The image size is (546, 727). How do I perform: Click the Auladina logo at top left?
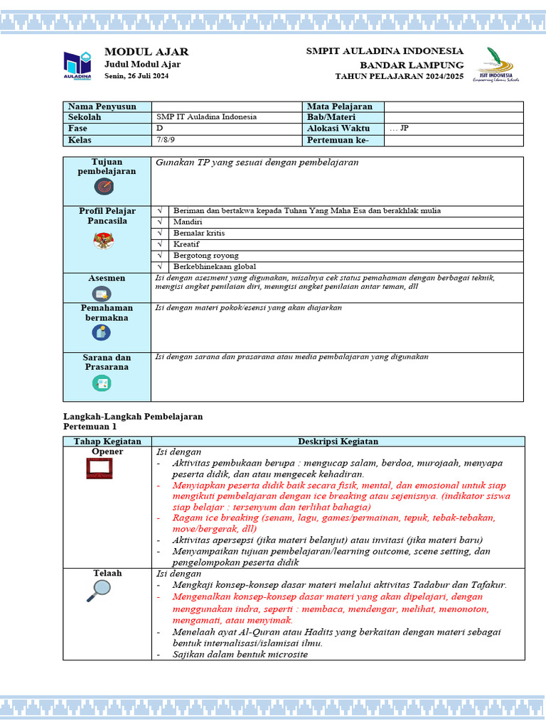[x=77, y=65]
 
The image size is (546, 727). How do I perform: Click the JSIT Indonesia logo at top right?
[x=496, y=65]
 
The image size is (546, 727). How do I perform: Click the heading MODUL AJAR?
[x=146, y=52]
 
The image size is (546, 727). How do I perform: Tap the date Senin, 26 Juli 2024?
[x=136, y=75]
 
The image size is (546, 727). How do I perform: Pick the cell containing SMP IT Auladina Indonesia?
[x=207, y=117]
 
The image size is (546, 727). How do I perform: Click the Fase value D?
[x=160, y=129]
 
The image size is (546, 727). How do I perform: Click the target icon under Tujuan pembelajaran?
[x=104, y=187]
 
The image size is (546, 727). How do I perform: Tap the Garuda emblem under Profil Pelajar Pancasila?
[x=103, y=241]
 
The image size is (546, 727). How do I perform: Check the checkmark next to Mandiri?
[x=160, y=222]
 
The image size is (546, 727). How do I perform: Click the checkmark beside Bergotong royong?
[x=160, y=256]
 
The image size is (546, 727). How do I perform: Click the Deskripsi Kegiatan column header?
[x=338, y=442]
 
